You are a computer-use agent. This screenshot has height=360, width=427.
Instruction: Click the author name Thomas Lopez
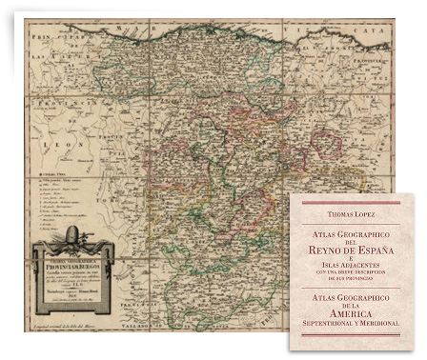click(x=357, y=215)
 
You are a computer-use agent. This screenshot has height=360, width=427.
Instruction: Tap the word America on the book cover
click(x=357, y=310)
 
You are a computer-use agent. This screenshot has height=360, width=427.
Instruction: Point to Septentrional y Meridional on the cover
click(x=357, y=323)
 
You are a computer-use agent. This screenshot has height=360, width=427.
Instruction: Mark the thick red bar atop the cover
click(x=357, y=202)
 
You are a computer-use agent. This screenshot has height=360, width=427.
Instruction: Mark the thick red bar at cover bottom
click(x=357, y=335)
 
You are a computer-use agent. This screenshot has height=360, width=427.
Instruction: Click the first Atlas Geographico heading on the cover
click(x=357, y=231)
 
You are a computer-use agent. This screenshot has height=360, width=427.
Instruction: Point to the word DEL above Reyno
click(x=357, y=239)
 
